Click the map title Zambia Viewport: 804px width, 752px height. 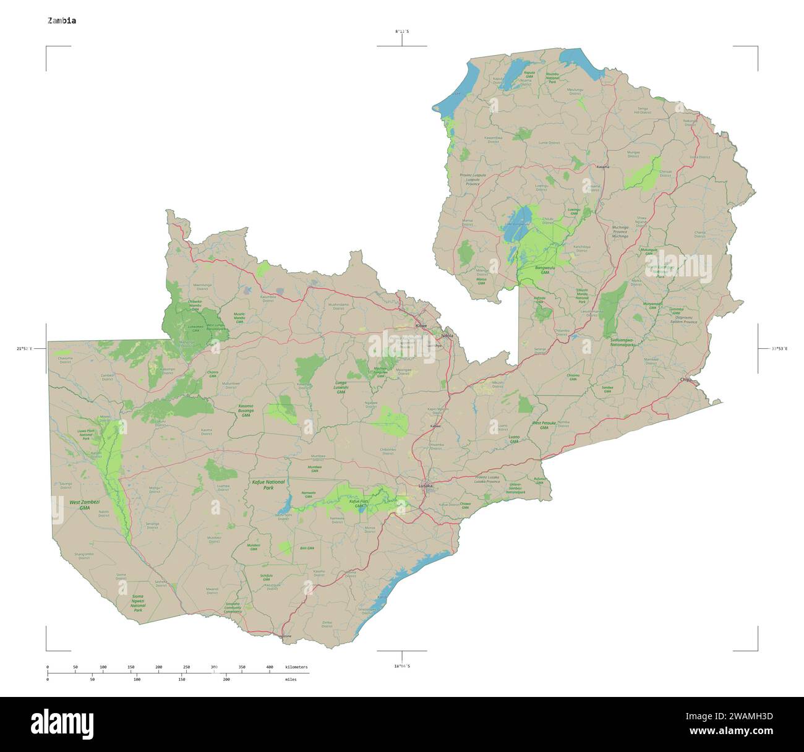pyautogui.click(x=62, y=20)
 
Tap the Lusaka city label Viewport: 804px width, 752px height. pyautogui.click(x=426, y=486)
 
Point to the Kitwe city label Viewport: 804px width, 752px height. pyautogui.click(x=421, y=325)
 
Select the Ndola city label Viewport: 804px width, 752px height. pyautogui.click(x=447, y=336)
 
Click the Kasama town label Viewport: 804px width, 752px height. pyautogui.click(x=602, y=167)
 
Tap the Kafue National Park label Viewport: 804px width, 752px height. pyautogui.click(x=268, y=484)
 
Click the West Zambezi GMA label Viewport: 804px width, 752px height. pyautogui.click(x=84, y=505)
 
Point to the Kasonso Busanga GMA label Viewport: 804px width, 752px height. pyautogui.click(x=246, y=411)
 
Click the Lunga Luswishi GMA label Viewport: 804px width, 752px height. pyautogui.click(x=341, y=387)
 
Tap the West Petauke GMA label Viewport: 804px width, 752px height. pyautogui.click(x=544, y=425)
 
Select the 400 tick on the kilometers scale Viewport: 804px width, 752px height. pyautogui.click(x=270, y=667)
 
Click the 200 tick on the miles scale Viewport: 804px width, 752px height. pyautogui.click(x=226, y=679)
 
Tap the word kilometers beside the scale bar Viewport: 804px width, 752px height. pyautogui.click(x=296, y=667)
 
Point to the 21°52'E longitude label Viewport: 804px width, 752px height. pyautogui.click(x=25, y=349)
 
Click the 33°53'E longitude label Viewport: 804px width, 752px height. pyautogui.click(x=779, y=349)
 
